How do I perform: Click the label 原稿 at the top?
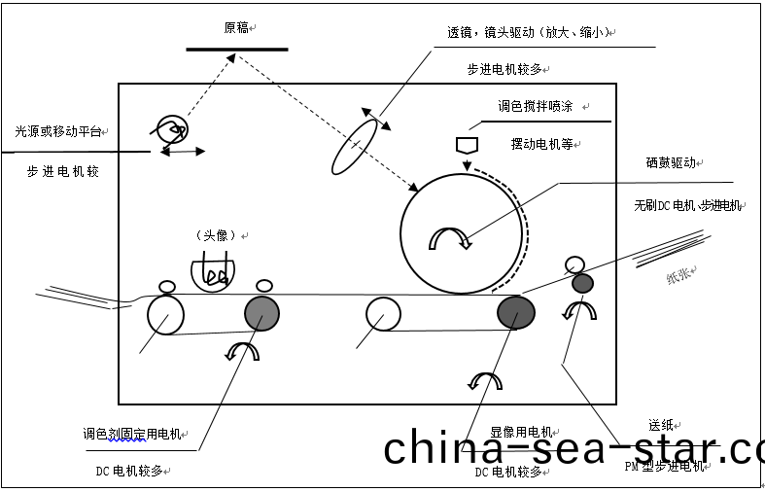tap(236, 28)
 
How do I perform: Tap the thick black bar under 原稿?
tap(236, 49)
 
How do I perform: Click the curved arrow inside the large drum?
tap(450, 236)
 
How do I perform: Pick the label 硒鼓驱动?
tap(671, 163)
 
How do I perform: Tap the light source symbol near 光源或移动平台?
tap(171, 128)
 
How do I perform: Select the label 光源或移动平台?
tap(57, 130)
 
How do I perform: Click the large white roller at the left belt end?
tap(166, 315)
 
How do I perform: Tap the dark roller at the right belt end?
tap(516, 312)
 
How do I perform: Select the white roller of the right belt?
tap(384, 313)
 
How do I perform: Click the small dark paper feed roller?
tap(582, 283)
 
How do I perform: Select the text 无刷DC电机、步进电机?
tap(687, 206)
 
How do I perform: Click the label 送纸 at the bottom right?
tap(661, 425)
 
